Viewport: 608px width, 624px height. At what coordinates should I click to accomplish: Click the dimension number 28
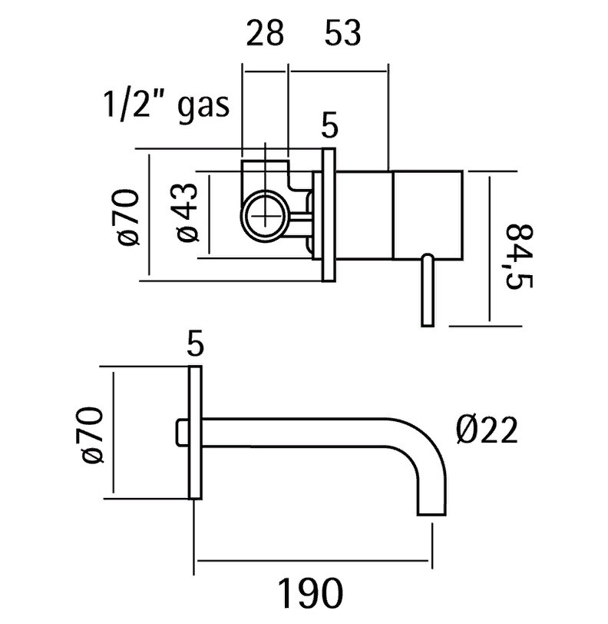(x=265, y=33)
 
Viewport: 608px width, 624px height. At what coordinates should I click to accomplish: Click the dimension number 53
(x=343, y=33)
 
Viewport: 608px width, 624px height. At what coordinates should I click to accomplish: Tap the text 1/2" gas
(x=167, y=105)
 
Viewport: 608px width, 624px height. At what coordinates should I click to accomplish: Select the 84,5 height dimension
(x=519, y=256)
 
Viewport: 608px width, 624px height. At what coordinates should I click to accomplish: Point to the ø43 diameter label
(x=187, y=212)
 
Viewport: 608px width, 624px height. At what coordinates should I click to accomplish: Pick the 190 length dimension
(x=311, y=593)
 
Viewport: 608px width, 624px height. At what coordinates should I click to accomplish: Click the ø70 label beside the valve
(x=128, y=217)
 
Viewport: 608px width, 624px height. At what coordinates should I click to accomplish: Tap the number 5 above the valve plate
(x=329, y=125)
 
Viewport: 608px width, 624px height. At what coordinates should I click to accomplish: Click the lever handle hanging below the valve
(x=428, y=290)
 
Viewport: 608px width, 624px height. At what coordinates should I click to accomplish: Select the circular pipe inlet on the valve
(x=265, y=215)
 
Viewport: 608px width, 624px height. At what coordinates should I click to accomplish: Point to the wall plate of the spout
(x=195, y=432)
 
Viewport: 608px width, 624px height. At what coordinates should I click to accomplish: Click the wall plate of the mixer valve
(x=329, y=215)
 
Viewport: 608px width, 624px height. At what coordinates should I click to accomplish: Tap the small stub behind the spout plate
(x=182, y=432)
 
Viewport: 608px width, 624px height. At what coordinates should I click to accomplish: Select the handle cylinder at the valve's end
(x=428, y=215)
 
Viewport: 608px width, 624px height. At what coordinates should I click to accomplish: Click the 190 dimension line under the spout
(x=312, y=561)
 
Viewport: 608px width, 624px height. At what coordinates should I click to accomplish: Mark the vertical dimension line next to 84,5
(x=490, y=249)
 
